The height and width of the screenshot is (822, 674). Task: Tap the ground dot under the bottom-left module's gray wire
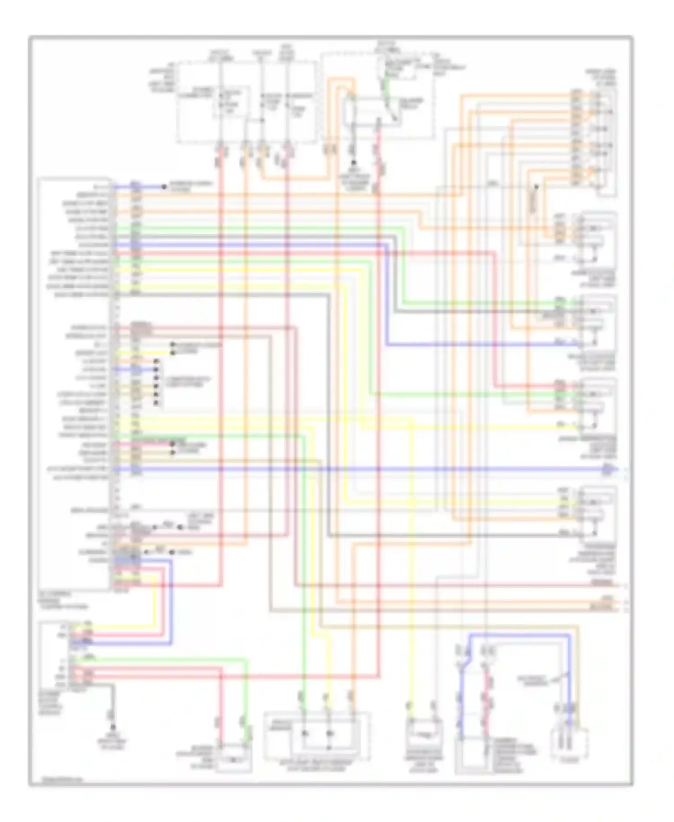(x=113, y=727)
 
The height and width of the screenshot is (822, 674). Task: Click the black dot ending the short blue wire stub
(x=164, y=186)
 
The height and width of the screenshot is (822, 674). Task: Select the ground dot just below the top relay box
(x=354, y=162)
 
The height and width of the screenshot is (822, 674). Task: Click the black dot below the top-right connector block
(x=536, y=186)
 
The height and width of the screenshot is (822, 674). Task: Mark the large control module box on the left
(x=74, y=384)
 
